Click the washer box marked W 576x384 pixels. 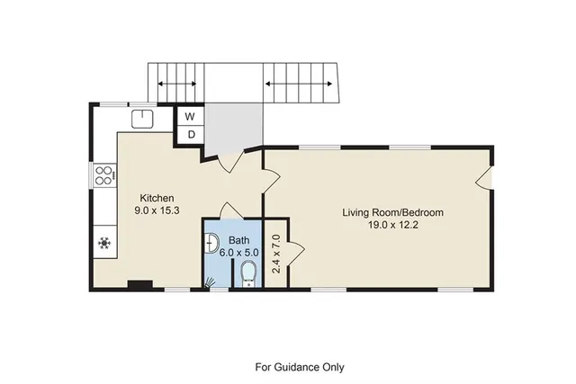(x=191, y=116)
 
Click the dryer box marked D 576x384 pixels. (x=191, y=134)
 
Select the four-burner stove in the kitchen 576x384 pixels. (x=103, y=174)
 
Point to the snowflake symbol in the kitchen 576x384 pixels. (x=103, y=242)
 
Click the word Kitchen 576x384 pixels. (x=156, y=198)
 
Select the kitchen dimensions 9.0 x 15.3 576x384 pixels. (x=156, y=210)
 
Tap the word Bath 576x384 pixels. (x=238, y=240)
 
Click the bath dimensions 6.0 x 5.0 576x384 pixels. (x=239, y=253)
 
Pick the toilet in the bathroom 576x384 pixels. (x=249, y=273)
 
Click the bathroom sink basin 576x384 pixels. (x=211, y=242)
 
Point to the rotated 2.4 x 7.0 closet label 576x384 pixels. (x=277, y=253)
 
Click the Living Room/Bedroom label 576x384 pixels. (x=392, y=212)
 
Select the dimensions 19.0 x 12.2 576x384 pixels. (x=392, y=226)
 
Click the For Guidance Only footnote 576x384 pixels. (x=300, y=367)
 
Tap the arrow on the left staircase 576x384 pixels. (x=176, y=85)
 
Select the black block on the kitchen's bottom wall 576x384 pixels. (x=139, y=286)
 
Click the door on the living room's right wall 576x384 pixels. (x=485, y=176)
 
